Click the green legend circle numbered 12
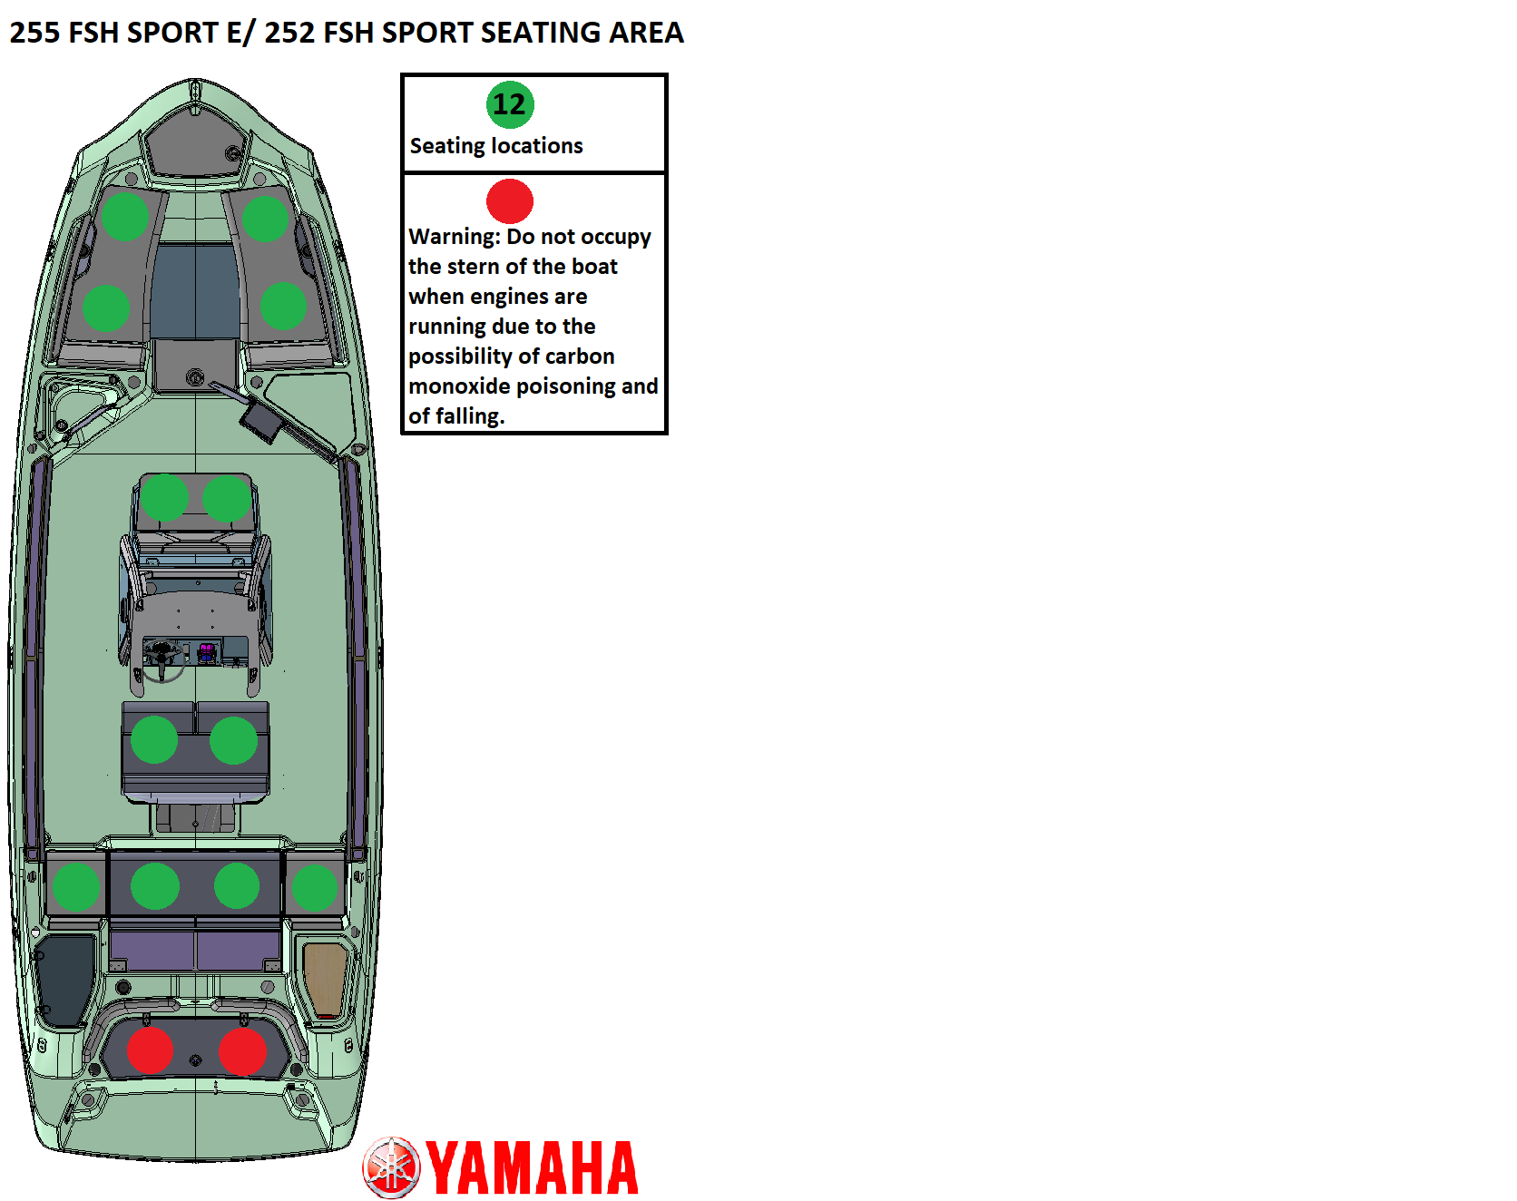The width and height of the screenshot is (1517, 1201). pos(510,105)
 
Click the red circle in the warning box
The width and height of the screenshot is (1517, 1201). pos(510,201)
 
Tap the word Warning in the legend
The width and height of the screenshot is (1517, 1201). pos(454,237)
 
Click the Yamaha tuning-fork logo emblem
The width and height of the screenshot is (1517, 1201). pos(392,1167)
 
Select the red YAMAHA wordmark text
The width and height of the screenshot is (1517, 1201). pos(533,1168)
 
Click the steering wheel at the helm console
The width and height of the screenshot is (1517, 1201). pos(163,659)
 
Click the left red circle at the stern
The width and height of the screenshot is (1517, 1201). pos(150,1051)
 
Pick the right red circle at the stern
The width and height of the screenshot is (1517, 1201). pos(242,1051)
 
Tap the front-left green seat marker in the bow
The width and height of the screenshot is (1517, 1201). pos(125,217)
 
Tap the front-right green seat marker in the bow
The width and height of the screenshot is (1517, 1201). pos(265,219)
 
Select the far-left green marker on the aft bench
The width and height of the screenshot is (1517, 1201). pos(76,886)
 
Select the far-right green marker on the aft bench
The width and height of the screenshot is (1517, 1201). pos(314,887)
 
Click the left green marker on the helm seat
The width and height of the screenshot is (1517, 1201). pos(154,740)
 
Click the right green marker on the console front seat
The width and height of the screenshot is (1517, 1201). pos(227,498)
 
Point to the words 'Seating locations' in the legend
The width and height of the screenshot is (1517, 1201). pos(496,146)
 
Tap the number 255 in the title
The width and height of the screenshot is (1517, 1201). pos(34,33)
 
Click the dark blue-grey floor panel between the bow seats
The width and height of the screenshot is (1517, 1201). pos(195,290)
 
